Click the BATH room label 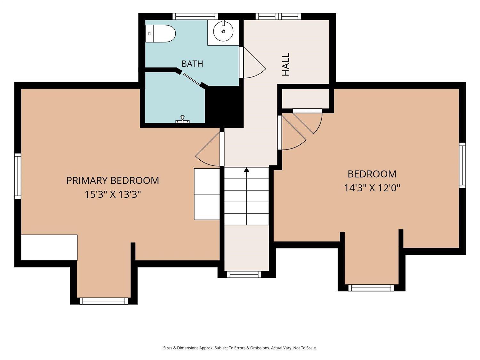(x=192, y=64)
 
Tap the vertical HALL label (x=285, y=64)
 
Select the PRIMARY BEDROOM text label (x=113, y=180)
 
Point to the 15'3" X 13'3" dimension (x=113, y=194)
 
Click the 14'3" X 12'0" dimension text (x=372, y=188)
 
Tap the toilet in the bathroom (x=161, y=34)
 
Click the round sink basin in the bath (x=223, y=32)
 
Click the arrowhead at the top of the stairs (x=247, y=170)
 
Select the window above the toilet (x=195, y=16)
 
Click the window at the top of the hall (x=278, y=16)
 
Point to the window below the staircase (x=244, y=274)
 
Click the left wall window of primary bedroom (x=18, y=176)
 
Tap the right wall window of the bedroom (x=462, y=165)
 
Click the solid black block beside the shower (x=224, y=107)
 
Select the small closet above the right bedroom (x=305, y=98)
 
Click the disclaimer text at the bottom (x=240, y=348)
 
